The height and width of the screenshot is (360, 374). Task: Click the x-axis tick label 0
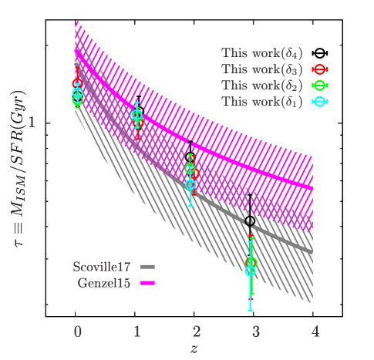pos(78,331)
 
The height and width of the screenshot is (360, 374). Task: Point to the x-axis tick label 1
pos(137,331)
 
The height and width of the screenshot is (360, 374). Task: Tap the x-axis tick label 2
pos(197,331)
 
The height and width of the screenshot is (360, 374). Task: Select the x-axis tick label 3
pos(256,331)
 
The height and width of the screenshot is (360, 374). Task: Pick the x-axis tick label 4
pos(315,331)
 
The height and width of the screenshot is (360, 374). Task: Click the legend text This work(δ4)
pos(261,53)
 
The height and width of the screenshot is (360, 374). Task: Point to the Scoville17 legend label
pos(103,267)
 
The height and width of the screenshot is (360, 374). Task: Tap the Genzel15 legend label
pos(106,283)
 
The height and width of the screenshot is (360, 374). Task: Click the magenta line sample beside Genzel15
pos(148,283)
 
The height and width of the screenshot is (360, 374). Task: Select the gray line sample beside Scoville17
pos(148,267)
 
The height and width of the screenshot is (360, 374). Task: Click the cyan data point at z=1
pos(137,116)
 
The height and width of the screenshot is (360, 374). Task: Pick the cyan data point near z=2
pos(191,184)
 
